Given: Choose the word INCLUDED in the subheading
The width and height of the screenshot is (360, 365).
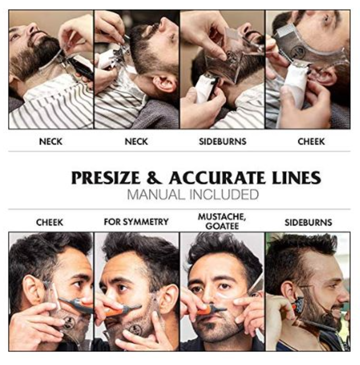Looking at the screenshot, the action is (224, 195).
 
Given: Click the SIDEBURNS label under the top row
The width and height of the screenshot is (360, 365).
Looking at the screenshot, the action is (222, 141).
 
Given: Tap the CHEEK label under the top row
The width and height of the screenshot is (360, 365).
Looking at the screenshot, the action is (311, 141).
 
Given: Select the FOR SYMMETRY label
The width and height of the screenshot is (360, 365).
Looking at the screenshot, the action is (136, 222).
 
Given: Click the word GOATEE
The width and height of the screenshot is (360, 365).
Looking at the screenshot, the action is (222, 226).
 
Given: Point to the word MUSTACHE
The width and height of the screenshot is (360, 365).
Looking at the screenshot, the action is (222, 217).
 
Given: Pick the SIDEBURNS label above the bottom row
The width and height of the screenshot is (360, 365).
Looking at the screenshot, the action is (308, 222).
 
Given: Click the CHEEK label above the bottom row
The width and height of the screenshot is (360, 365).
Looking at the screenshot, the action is (49, 222).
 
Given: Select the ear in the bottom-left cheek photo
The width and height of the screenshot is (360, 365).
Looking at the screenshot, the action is (32, 289).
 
